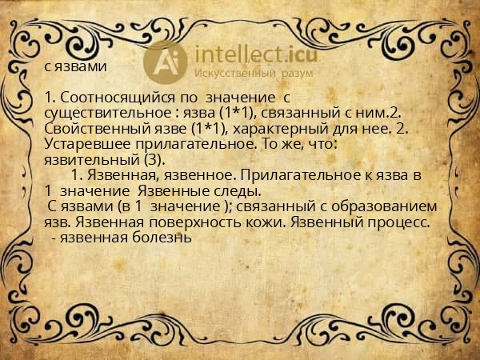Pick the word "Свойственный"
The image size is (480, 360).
tap(87, 128)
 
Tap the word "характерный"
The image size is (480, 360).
tap(267, 128)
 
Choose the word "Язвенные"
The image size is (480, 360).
tap(168, 191)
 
